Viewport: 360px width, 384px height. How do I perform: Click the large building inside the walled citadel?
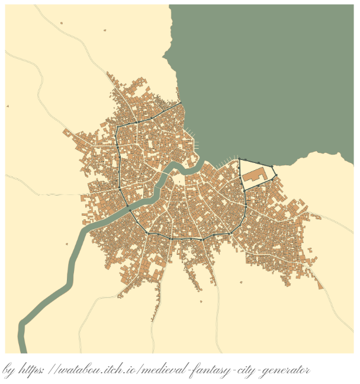click(253, 175)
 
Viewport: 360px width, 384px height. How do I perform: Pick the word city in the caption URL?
click(241, 371)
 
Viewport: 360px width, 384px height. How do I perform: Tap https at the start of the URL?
click(31, 370)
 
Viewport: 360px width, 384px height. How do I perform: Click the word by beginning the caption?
click(9, 371)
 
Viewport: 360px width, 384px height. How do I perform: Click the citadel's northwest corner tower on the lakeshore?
click(239, 159)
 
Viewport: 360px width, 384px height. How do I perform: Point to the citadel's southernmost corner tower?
click(244, 189)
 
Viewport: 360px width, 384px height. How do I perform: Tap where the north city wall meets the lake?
click(181, 104)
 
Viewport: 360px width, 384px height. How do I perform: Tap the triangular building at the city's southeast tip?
click(320, 285)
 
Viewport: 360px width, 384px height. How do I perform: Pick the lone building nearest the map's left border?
click(8, 106)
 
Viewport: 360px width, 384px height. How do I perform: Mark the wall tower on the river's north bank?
click(130, 209)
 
